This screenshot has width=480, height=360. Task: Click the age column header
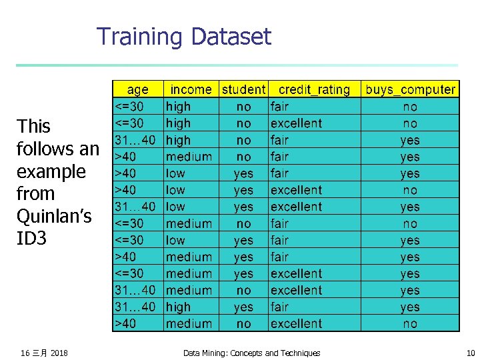[x=137, y=89]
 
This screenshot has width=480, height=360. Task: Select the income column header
[x=191, y=89]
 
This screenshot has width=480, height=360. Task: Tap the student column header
[x=243, y=89]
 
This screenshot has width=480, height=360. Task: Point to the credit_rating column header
[x=314, y=89]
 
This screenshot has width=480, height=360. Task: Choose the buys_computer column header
[x=410, y=89]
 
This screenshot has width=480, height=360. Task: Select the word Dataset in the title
[x=229, y=36]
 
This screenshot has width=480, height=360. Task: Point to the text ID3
[x=31, y=238]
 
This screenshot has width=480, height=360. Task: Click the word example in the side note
[x=51, y=171]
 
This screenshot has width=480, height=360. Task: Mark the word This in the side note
[x=34, y=126]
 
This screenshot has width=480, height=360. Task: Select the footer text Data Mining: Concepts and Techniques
[x=251, y=353]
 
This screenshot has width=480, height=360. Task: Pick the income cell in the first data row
[x=178, y=107]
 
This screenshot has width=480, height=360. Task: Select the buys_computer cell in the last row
[x=410, y=324]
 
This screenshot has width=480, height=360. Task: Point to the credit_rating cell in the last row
[x=296, y=324]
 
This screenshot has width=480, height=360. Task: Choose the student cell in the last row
[x=243, y=324]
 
